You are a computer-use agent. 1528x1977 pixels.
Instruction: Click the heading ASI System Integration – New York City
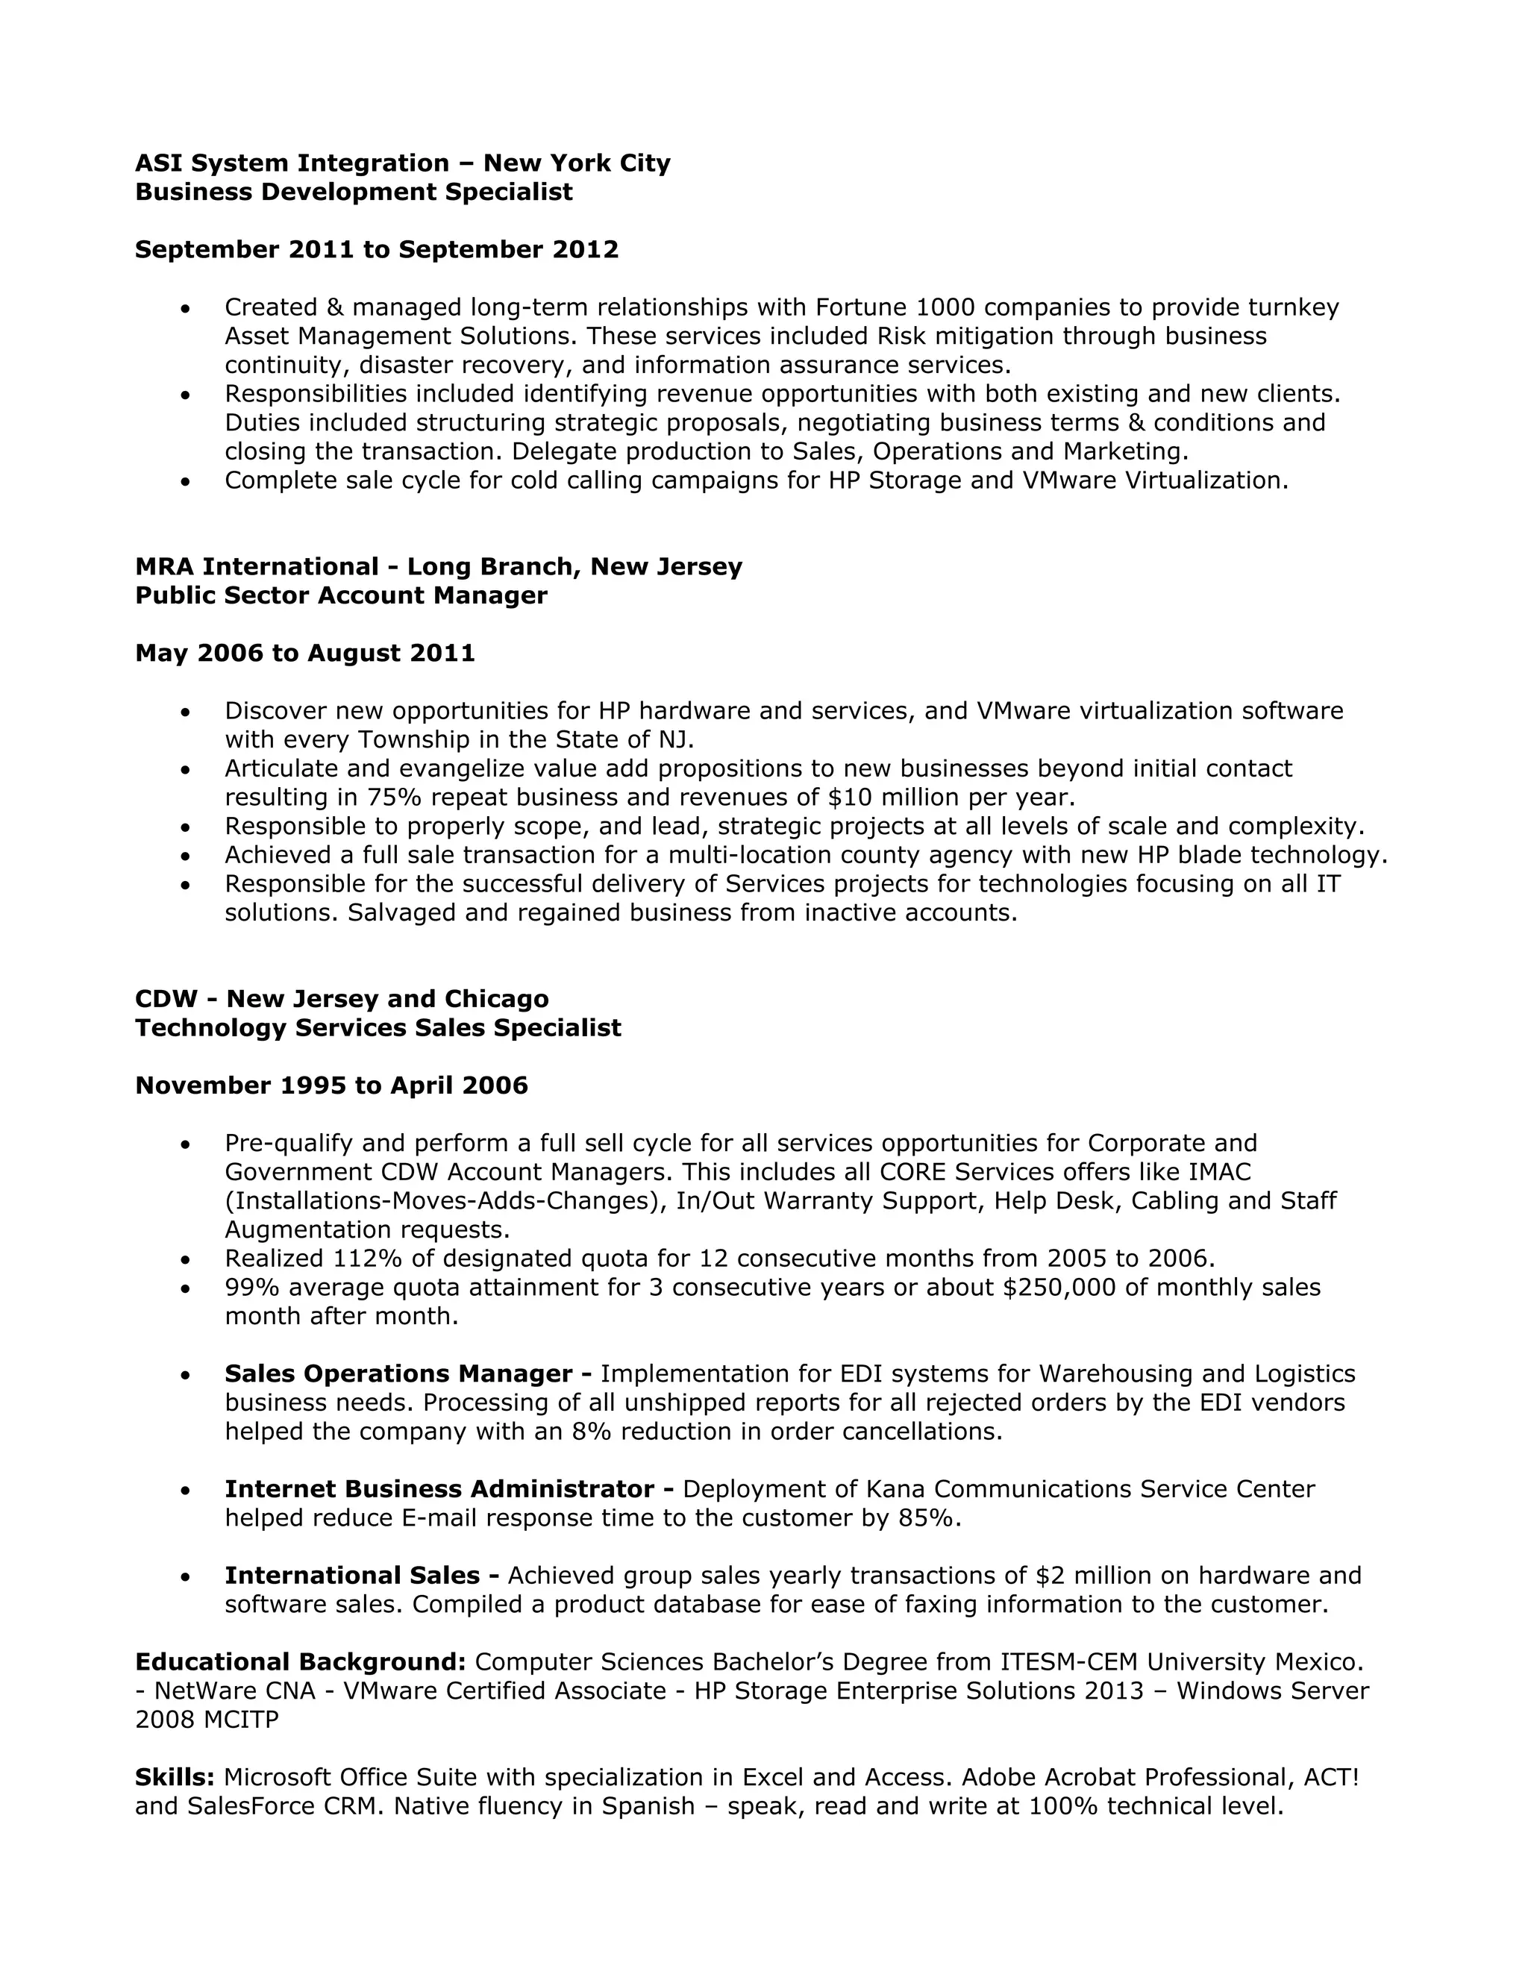[x=402, y=163]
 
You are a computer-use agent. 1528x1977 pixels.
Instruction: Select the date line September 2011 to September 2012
[x=377, y=250]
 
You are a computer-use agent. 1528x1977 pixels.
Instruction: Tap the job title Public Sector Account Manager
[x=340, y=595]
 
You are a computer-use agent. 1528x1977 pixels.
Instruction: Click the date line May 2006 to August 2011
[x=304, y=654]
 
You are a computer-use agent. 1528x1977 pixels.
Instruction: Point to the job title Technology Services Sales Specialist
[x=378, y=1028]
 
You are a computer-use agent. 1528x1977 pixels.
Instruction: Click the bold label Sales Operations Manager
[x=398, y=1374]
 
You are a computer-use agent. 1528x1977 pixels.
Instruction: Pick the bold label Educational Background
[x=300, y=1662]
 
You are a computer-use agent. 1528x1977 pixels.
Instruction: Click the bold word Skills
[x=174, y=1778]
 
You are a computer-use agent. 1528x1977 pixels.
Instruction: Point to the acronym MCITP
[x=241, y=1720]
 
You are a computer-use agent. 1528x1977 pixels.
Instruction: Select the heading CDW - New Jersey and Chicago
[x=341, y=1000]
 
